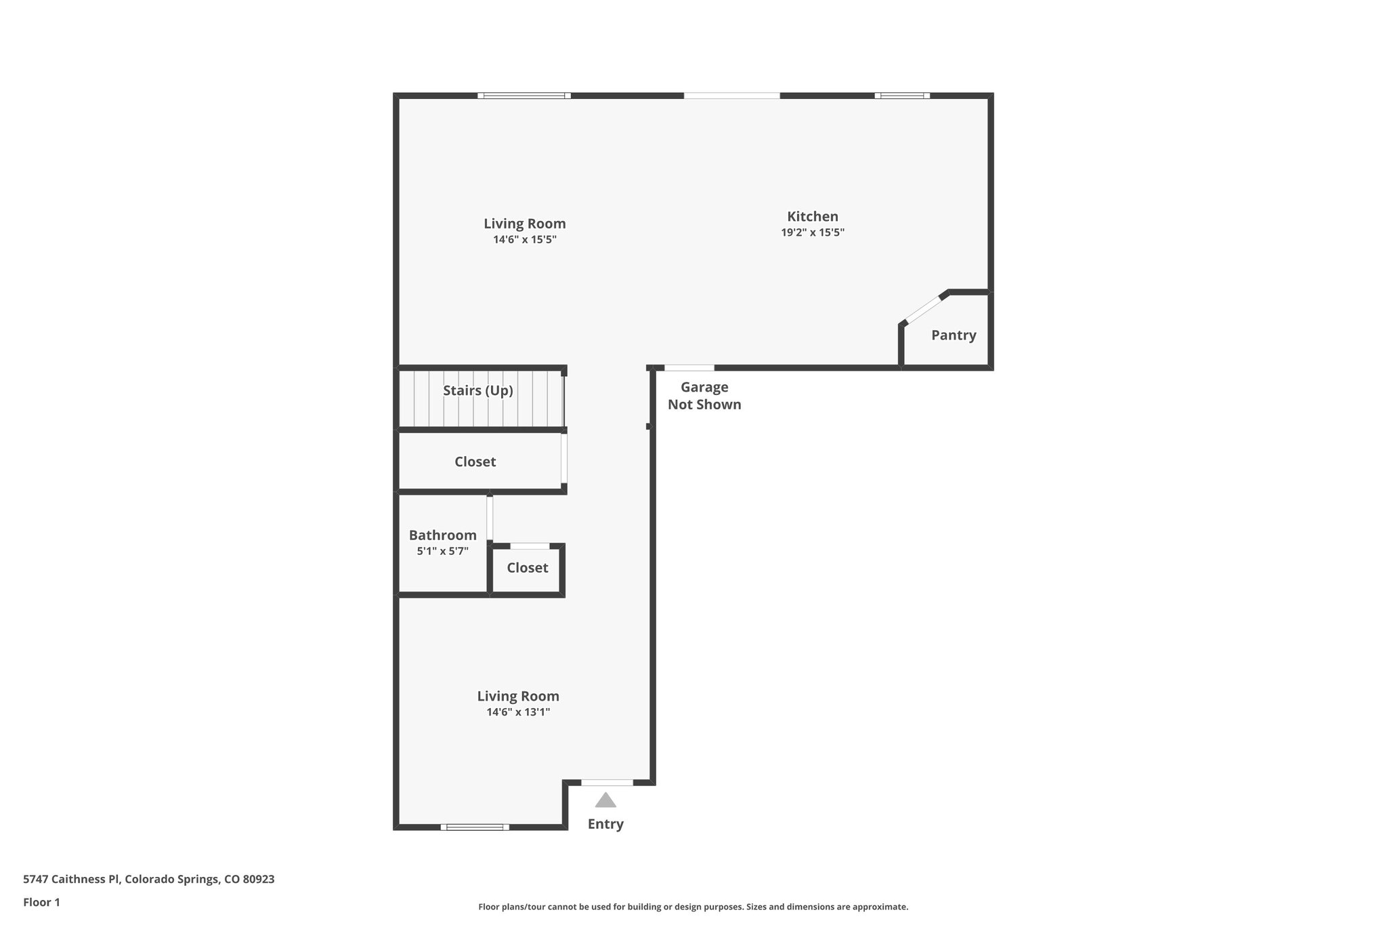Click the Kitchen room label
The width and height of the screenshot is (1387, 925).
[x=812, y=216]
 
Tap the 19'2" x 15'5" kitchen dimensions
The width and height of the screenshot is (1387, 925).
[x=812, y=232]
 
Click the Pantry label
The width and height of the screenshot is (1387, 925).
[x=953, y=335]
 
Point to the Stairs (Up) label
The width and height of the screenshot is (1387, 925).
[x=477, y=390]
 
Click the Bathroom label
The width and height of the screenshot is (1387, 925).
[x=442, y=535]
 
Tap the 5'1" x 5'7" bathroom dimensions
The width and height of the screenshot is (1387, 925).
[x=442, y=551]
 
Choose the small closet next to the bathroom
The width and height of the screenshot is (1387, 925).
[x=527, y=568]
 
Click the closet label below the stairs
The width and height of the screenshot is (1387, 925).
[x=475, y=461]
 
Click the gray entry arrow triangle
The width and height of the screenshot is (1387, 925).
[x=605, y=800]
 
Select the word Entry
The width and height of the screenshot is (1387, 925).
[x=605, y=824]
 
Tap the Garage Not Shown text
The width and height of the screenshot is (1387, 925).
[x=704, y=396]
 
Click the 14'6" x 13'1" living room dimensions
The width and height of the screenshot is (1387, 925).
[x=517, y=712]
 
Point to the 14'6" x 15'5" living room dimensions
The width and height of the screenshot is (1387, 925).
[x=524, y=240]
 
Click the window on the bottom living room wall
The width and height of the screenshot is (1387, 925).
[x=475, y=827]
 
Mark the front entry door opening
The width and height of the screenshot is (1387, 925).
[x=607, y=783]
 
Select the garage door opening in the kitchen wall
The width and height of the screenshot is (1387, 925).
[x=689, y=368]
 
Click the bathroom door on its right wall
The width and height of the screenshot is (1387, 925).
[x=490, y=518]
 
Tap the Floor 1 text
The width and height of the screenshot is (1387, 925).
[x=41, y=902]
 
